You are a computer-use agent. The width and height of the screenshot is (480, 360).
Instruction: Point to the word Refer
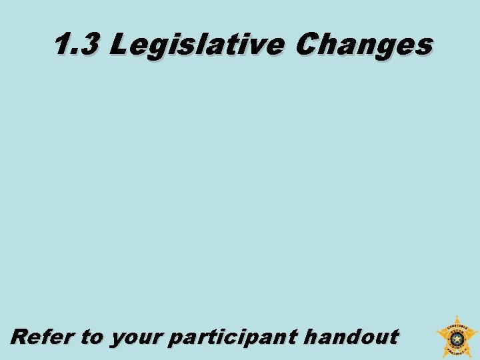[x=43, y=336]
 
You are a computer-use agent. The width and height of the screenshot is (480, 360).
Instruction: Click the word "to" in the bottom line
[x=92, y=337]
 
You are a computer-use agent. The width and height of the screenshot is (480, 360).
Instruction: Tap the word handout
[x=351, y=336]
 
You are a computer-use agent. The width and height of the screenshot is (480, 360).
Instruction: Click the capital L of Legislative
[x=118, y=45]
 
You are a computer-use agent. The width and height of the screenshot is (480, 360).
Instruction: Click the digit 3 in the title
[x=89, y=46]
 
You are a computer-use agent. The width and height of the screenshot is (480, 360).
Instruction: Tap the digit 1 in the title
[x=62, y=46]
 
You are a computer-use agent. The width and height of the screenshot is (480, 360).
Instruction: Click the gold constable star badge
[x=457, y=337]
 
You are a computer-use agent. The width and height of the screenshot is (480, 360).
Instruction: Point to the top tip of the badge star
[x=457, y=317]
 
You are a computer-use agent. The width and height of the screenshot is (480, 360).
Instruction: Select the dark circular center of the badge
[x=457, y=338]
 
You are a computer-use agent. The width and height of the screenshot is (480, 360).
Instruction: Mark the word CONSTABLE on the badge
[x=457, y=328]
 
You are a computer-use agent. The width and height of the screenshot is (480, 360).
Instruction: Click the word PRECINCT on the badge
[x=457, y=349]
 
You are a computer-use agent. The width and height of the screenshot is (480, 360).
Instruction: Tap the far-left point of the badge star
[x=437, y=331]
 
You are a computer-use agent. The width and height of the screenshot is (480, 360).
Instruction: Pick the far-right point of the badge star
[x=477, y=331]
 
